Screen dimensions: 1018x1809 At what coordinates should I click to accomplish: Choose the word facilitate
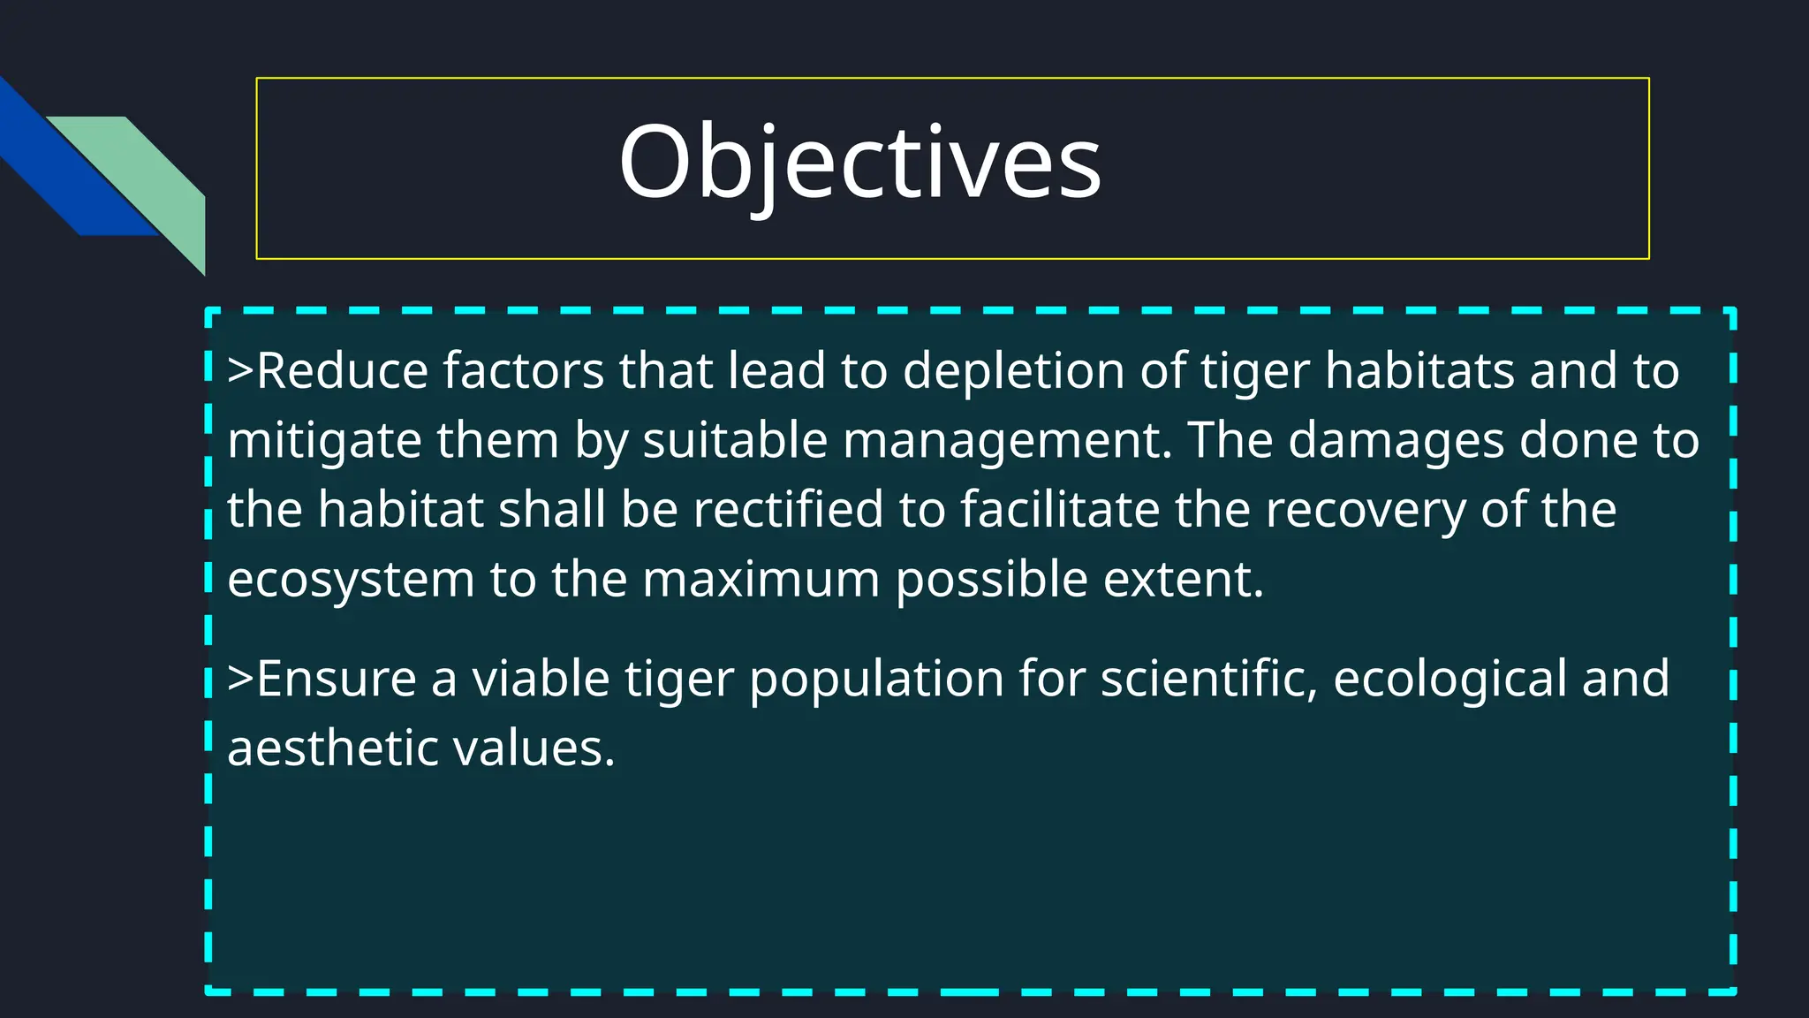[x=1060, y=510]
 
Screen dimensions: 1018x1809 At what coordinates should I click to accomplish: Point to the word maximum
[x=761, y=580]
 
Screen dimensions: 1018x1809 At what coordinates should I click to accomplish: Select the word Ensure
[x=336, y=679]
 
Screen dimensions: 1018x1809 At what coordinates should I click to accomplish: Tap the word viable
[x=541, y=679]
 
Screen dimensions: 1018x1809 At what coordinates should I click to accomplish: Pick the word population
[x=876, y=679]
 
